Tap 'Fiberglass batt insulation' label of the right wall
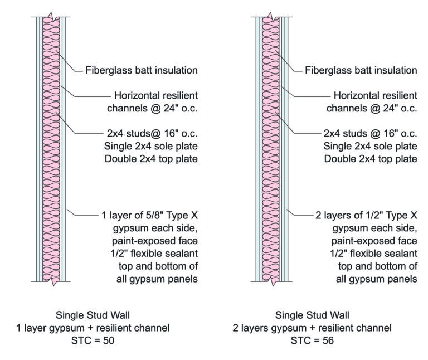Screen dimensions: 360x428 pyautogui.click(x=362, y=71)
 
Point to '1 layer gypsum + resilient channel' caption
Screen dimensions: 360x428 pyautogui.click(x=91, y=327)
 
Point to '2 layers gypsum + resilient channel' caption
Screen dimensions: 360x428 pyautogui.click(x=312, y=327)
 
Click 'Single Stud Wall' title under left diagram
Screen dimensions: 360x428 pyautogui.click(x=91, y=314)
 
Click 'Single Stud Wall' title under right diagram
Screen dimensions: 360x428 pyautogui.click(x=312, y=314)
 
